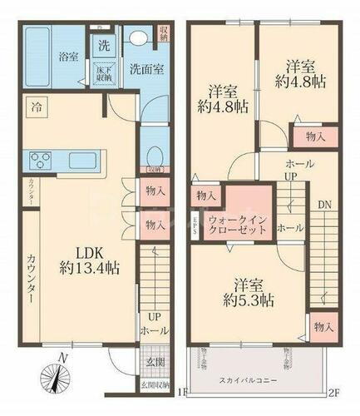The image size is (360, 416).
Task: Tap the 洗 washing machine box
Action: point(103,45)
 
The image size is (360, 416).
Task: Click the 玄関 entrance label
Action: point(145,362)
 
